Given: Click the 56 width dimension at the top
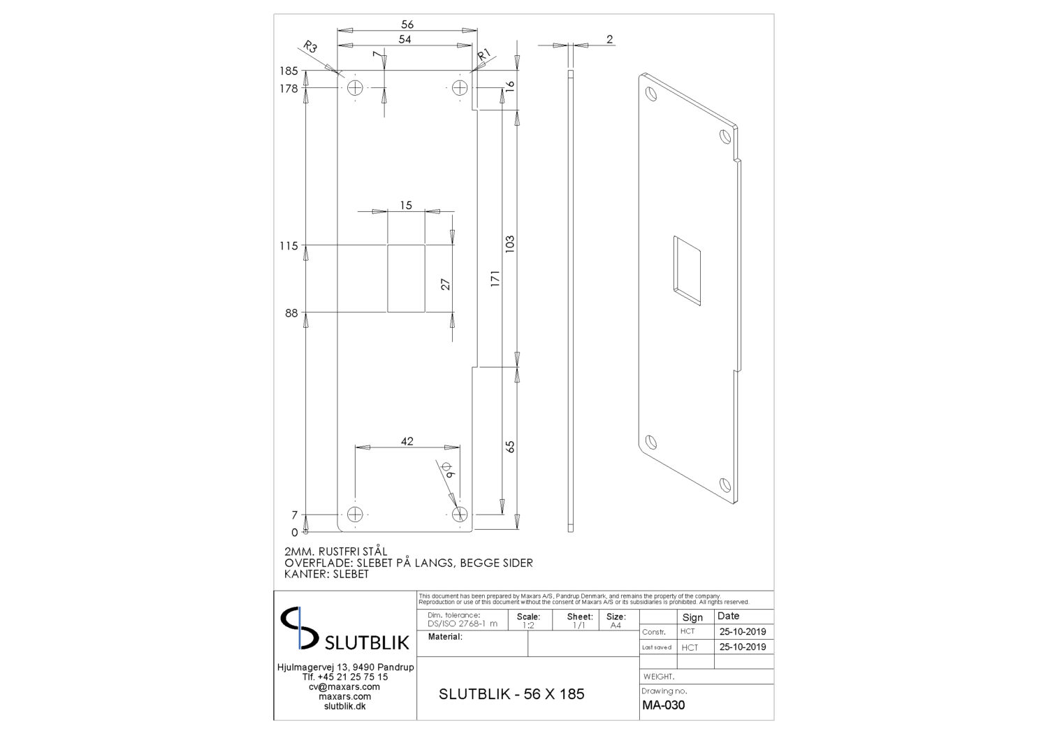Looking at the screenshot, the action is tap(407, 24).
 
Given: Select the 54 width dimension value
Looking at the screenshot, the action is tap(405, 39).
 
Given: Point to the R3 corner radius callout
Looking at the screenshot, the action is tap(310, 47).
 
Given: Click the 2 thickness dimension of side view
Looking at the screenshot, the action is tap(609, 39).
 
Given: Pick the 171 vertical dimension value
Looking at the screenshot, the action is tap(495, 278).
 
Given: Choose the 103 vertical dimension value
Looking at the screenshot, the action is tap(510, 244).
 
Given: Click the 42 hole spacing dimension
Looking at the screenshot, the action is tap(407, 441).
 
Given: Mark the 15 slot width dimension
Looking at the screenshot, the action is tap(406, 205).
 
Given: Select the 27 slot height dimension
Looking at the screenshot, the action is tap(446, 284).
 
